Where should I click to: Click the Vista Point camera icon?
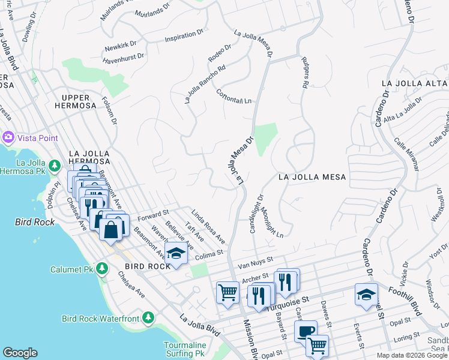pos(8,137)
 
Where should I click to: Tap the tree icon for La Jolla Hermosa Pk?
pos(55,165)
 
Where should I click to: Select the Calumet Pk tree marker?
pos(101,267)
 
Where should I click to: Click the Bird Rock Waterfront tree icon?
pos(148,317)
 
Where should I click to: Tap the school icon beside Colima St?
pos(176,253)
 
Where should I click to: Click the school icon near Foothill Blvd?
pos(366,294)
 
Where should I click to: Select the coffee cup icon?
pos(306,331)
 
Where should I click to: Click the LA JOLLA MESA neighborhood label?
pos(312,177)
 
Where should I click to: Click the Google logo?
pos(20,353)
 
